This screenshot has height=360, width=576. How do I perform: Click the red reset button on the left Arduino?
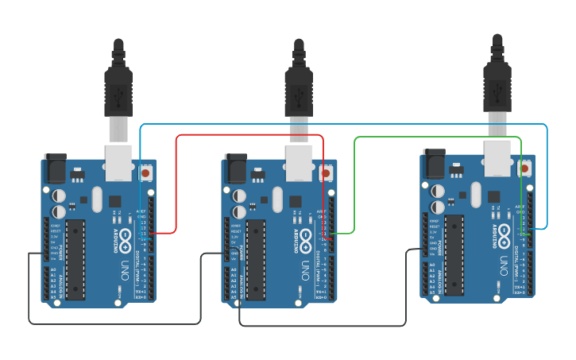pos(146,172)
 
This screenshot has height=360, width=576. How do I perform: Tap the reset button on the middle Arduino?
pos(326,172)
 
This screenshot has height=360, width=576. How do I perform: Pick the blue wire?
pos(342,124)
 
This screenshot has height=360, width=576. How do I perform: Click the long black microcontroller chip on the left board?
pos(75,259)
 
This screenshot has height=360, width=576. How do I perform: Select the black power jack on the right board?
pos(434,164)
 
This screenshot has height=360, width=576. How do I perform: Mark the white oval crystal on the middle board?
pos(276,199)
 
